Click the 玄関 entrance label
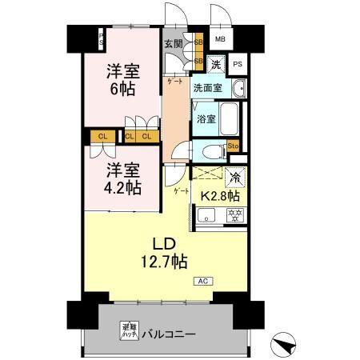(174, 44)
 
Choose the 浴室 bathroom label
(206, 119)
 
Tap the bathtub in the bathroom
(230, 119)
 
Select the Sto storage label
(234, 146)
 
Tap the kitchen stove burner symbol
(235, 214)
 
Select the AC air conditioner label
(202, 281)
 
